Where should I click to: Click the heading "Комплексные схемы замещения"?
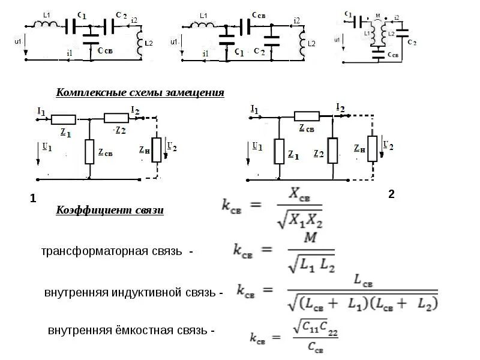click(140, 93)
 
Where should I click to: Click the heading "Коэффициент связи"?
click(109, 210)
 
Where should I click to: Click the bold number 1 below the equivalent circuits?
click(33, 198)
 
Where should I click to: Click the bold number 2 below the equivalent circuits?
click(391, 194)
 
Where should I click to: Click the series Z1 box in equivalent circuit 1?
click(62, 118)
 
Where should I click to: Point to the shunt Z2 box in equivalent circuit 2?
click(333, 150)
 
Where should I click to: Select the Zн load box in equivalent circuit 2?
click(373, 149)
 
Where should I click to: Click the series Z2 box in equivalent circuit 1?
click(116, 118)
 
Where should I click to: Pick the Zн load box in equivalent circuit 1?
click(157, 149)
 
